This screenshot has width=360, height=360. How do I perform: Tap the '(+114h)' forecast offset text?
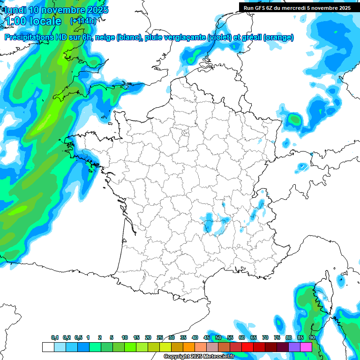point(83,21)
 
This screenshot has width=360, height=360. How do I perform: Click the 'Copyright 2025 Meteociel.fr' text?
point(199,357)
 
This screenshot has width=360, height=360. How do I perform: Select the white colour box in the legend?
point(48,347)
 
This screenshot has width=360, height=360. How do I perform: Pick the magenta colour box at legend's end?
point(306,347)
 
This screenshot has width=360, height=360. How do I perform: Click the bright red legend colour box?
point(247,347)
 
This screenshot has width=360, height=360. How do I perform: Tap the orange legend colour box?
point(189,347)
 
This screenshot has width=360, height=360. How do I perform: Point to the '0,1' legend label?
point(55,337)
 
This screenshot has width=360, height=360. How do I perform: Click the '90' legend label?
point(312,337)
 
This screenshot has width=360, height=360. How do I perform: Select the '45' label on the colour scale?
point(207,337)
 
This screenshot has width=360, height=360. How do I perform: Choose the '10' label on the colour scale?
point(125,337)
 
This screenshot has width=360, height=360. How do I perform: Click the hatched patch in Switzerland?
point(303,166)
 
